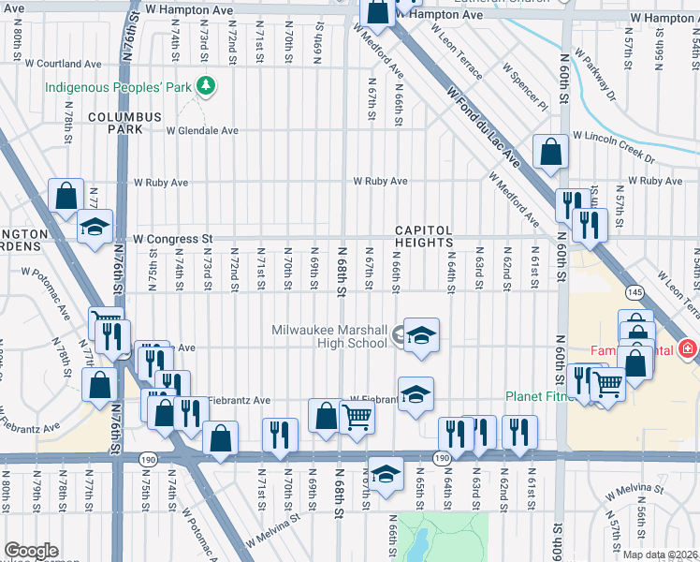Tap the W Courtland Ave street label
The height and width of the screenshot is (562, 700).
click(x=64, y=64)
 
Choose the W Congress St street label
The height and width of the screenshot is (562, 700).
click(x=173, y=239)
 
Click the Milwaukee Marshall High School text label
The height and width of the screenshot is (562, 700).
click(x=328, y=336)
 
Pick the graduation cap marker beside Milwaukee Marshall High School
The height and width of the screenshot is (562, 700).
click(x=421, y=334)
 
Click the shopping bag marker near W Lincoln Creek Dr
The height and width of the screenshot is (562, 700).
click(x=551, y=151)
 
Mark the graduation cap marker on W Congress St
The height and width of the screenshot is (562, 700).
click(x=95, y=228)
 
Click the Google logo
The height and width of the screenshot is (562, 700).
click(x=31, y=551)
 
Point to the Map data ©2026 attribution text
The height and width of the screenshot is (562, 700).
click(x=660, y=555)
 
